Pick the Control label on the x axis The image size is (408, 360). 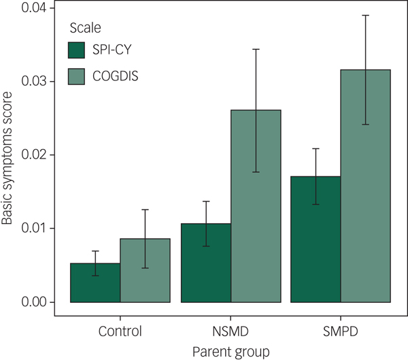120,332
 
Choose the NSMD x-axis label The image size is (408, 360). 231,332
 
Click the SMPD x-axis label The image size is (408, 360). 341,332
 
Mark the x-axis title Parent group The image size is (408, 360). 231,351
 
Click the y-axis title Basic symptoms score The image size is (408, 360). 8,158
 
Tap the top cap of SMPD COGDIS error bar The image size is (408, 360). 366,15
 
